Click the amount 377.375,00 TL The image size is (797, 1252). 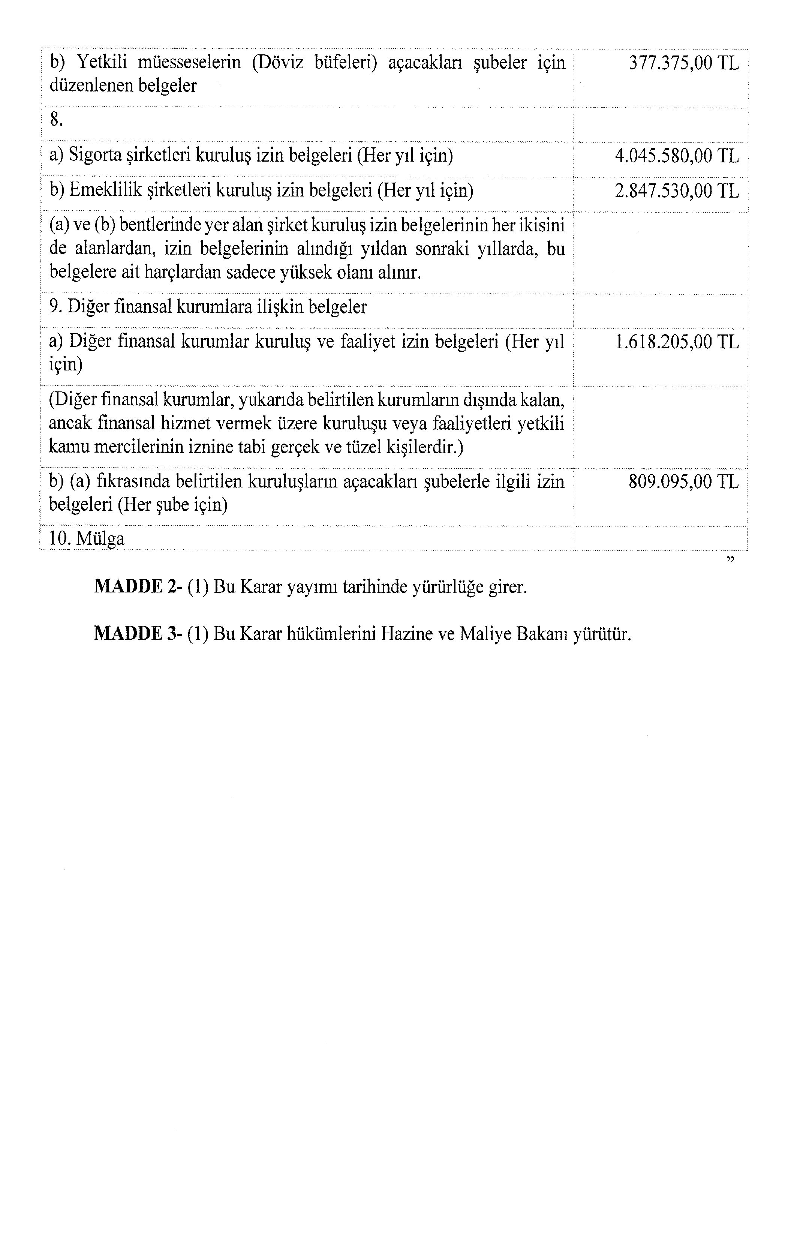(684, 63)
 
